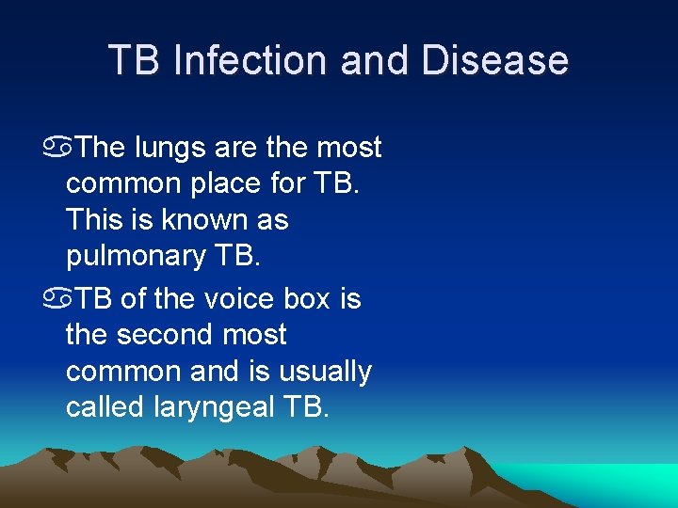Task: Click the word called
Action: pos(105,407)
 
